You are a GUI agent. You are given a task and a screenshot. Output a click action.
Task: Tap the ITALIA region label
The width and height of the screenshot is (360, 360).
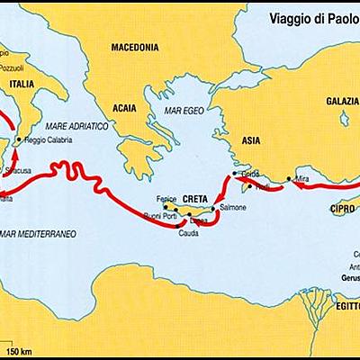pos(22,86)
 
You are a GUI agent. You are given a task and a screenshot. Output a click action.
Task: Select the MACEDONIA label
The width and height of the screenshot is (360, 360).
pos(134,46)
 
